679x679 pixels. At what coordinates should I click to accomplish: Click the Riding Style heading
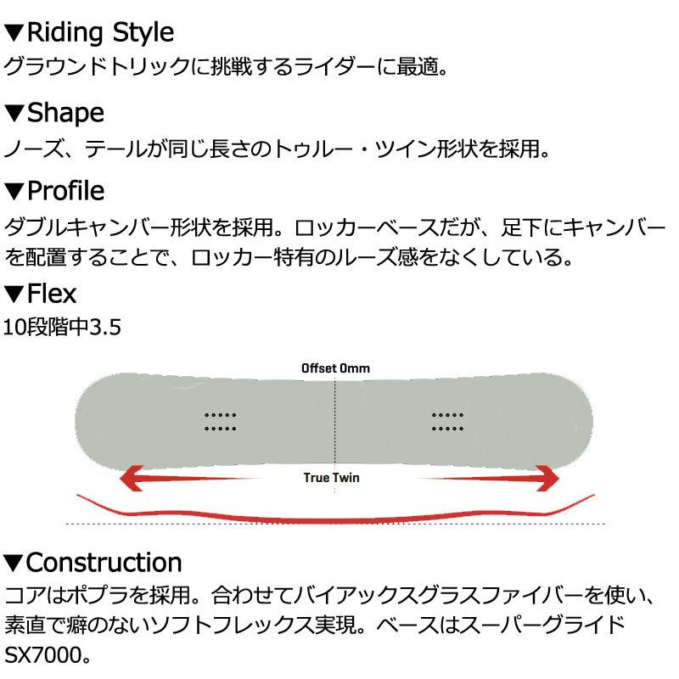100,33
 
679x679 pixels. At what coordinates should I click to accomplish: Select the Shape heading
65,112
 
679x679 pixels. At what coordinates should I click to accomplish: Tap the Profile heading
65,189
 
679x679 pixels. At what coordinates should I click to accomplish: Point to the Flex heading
52,295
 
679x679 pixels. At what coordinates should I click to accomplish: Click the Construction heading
104,562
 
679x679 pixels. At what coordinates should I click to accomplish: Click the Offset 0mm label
335,368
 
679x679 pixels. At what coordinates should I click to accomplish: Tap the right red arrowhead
541,479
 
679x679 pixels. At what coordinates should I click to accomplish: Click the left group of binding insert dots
220,421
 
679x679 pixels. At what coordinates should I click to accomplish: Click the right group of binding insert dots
447,421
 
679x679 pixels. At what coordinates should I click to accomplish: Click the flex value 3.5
107,326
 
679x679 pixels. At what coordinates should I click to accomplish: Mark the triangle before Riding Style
14,34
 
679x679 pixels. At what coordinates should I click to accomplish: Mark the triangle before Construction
14,563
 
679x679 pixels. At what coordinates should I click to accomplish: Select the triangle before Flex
14,295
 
